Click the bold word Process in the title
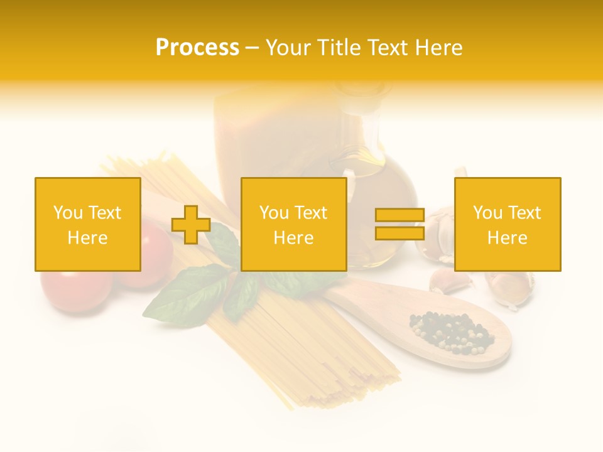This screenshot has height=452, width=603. pos(197,48)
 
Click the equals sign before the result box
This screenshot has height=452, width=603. pos(399,224)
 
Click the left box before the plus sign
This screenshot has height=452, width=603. pos(87,224)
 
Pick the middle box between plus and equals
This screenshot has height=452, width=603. pos(293,224)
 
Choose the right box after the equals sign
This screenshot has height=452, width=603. pos(507,224)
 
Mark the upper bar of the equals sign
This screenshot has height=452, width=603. pos(399,215)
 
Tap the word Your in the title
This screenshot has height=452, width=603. pos(287,48)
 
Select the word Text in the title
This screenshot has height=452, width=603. pos(388,48)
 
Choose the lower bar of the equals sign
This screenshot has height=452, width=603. pos(399,233)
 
